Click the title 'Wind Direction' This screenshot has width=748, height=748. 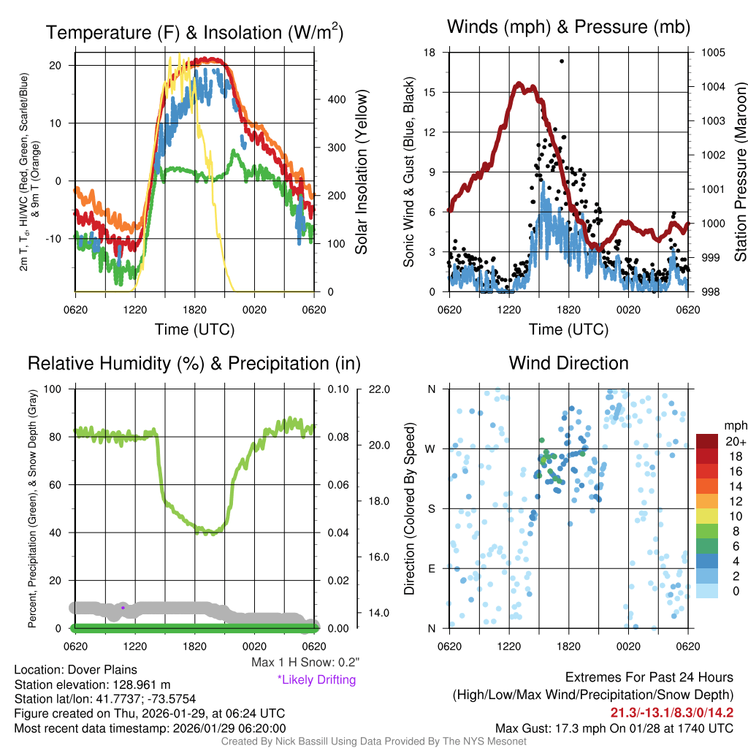568,363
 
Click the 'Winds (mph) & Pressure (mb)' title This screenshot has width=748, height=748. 568,28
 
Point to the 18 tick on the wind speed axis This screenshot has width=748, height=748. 430,53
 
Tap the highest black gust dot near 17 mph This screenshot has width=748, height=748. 562,61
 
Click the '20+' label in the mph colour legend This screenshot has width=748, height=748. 735,442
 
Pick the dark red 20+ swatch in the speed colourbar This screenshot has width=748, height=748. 709,441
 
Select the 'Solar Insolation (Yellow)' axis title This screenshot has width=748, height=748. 361,172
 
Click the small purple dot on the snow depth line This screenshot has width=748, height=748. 123,607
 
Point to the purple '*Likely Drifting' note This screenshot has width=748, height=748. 316,679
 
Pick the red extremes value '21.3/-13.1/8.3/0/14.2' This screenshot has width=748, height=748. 672,712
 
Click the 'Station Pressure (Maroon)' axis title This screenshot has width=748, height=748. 740,172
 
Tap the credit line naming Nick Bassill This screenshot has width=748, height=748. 374,741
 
